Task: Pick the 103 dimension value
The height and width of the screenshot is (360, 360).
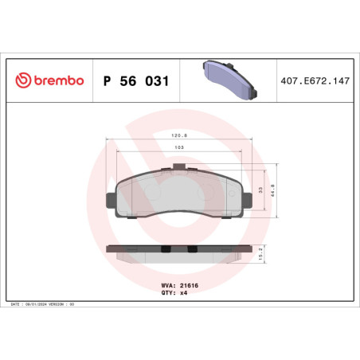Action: pos(179,148)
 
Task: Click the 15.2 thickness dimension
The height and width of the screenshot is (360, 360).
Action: pos(275,254)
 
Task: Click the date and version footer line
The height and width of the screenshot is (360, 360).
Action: pos(44,304)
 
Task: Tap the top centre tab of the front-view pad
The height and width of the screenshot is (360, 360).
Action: pos(184,167)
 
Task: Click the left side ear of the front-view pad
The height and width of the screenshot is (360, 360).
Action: pos(111,196)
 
